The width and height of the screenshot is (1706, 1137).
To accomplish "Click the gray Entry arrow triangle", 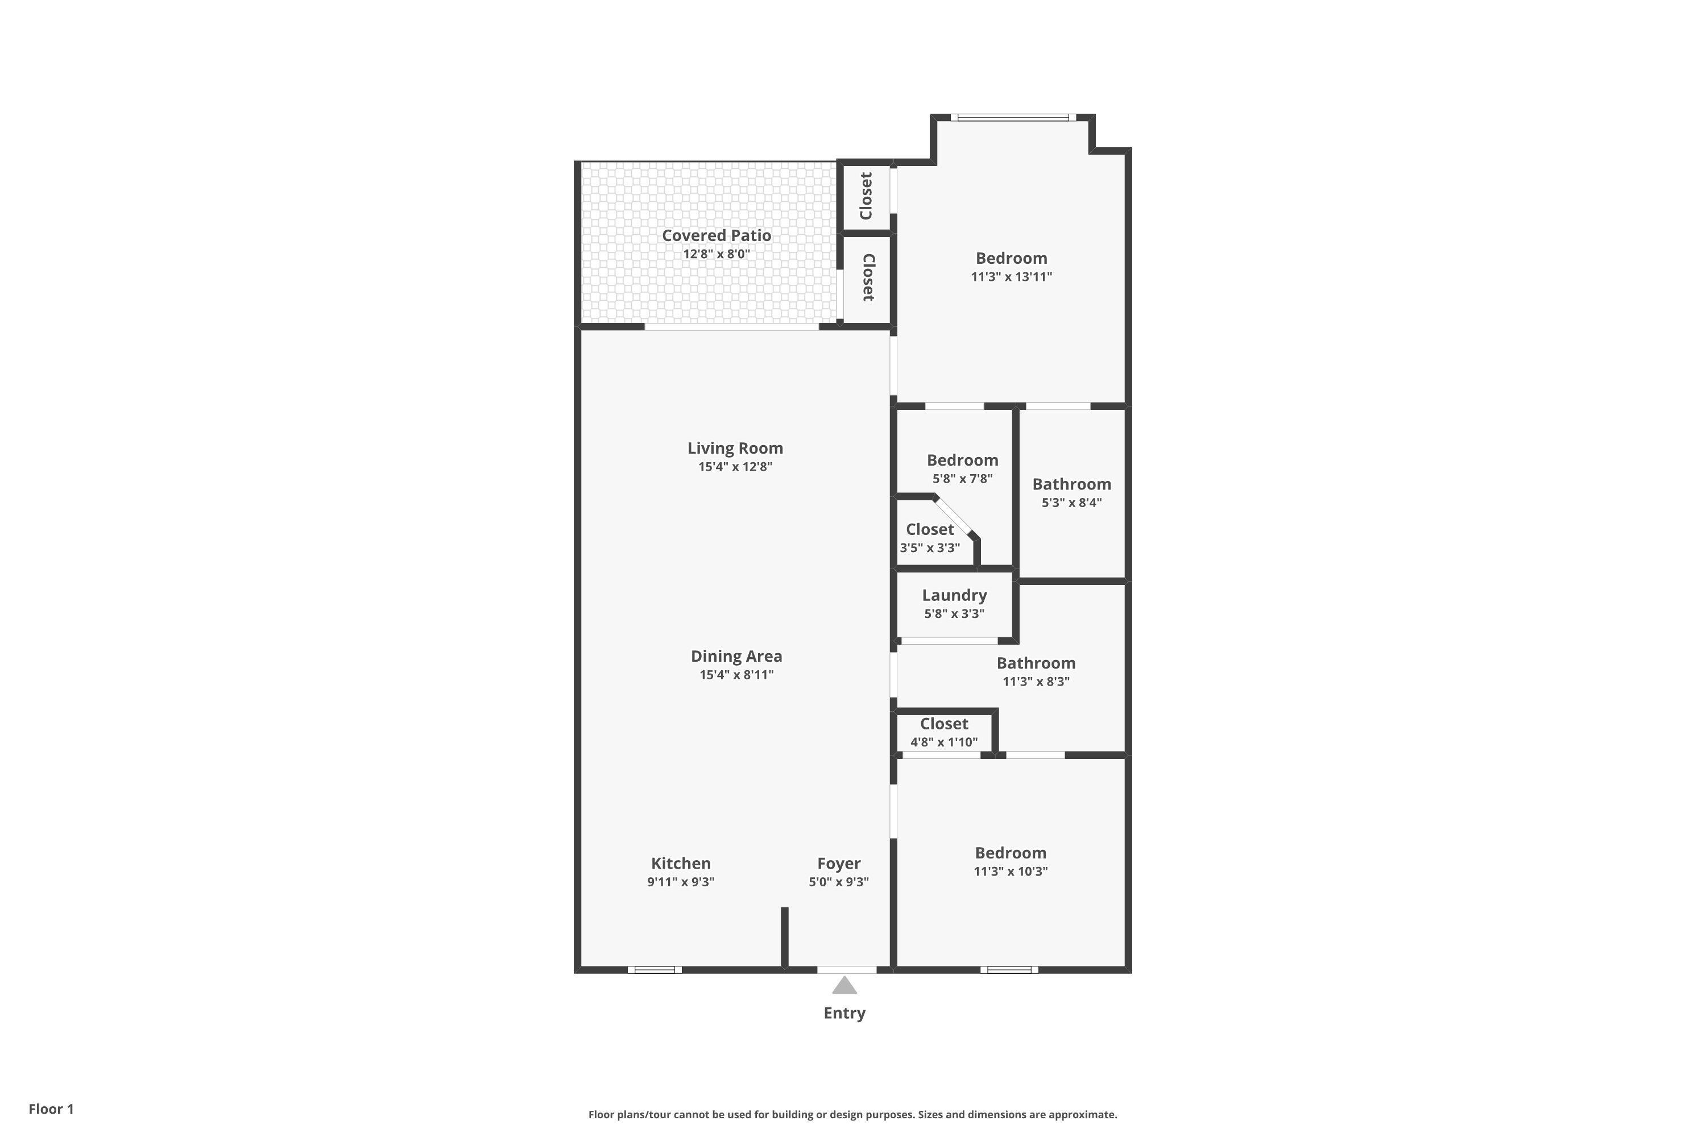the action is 844,985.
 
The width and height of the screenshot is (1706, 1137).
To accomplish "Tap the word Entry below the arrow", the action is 844,1013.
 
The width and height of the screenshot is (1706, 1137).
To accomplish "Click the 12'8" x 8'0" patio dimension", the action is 717,254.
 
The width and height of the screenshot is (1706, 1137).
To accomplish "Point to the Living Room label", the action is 735,448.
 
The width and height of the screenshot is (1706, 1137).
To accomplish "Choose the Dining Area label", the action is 736,656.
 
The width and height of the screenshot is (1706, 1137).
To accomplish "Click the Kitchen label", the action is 681,863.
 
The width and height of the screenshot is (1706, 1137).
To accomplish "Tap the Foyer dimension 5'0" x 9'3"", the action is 839,882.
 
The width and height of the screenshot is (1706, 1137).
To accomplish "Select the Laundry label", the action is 955,595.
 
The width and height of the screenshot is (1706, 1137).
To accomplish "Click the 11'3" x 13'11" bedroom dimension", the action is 1012,276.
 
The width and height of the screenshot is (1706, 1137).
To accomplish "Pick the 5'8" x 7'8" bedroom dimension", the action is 963,479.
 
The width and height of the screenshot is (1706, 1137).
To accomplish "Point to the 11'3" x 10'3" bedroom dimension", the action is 1011,871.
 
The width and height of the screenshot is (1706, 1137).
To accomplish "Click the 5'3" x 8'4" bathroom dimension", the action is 1072,503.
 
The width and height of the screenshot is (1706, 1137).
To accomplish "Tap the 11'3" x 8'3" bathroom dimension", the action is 1037,681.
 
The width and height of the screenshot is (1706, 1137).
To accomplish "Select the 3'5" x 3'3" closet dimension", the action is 930,547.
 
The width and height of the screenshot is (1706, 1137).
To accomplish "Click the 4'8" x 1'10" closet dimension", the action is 945,742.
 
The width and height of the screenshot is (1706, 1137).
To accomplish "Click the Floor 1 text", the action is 52,1109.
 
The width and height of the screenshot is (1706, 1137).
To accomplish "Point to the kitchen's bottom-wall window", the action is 655,969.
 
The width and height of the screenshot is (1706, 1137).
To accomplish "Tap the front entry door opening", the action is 847,969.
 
